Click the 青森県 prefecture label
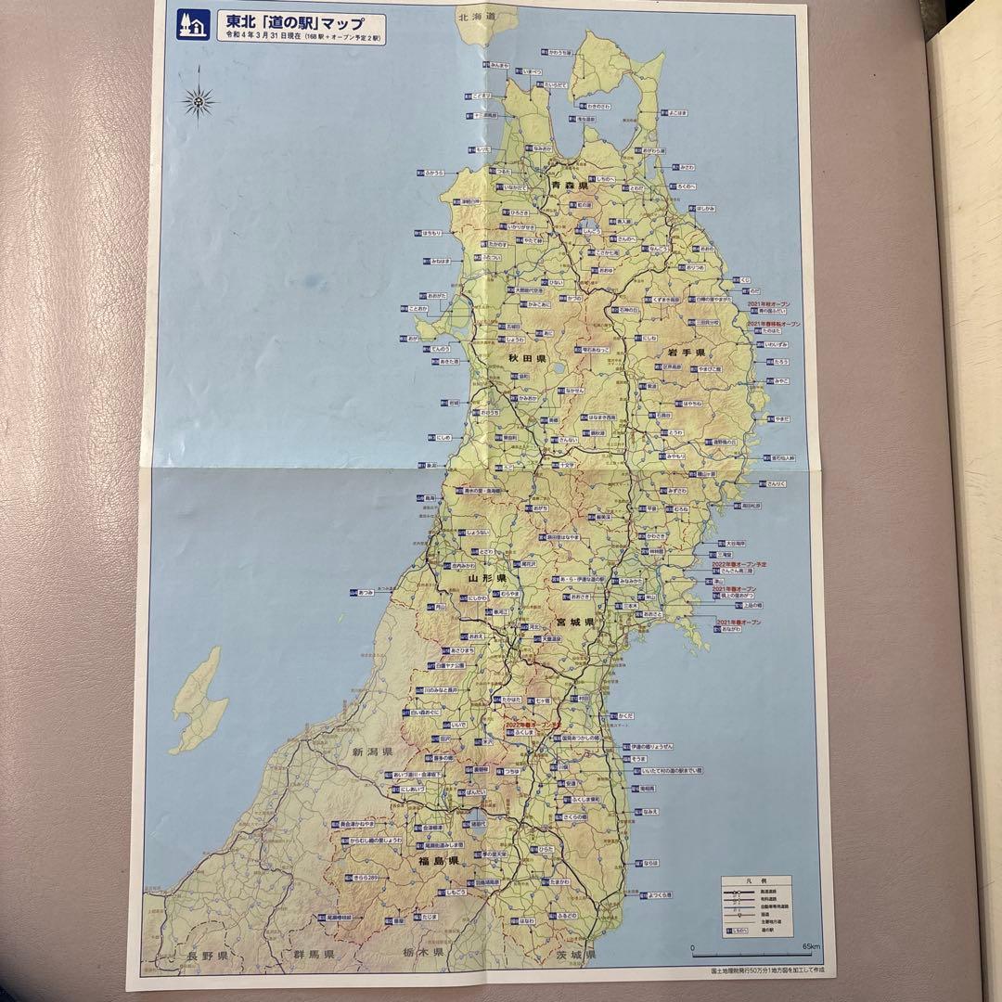tap(571, 186)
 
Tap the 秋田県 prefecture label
tap(526, 357)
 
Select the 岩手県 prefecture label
tap(686, 353)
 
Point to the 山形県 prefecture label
tap(487, 578)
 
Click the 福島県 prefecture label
tap(440, 862)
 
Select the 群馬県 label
tap(314, 955)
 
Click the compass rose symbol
tap(199, 100)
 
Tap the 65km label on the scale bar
tap(811, 946)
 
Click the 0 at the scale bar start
tap(694, 946)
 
